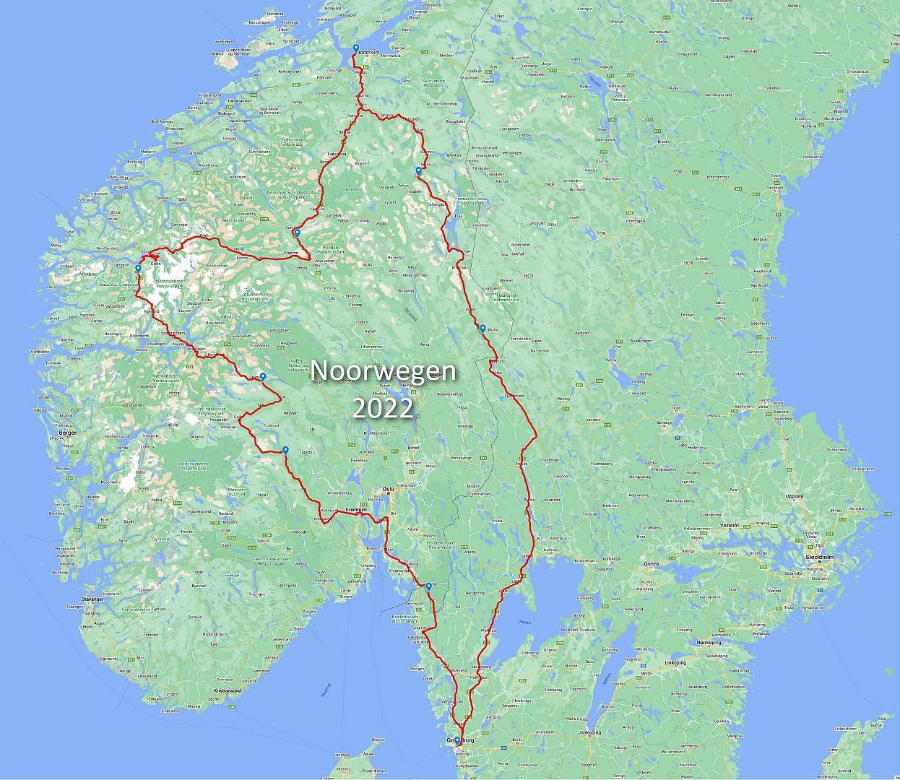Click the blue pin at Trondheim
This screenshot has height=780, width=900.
355,49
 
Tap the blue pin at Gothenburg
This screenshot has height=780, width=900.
457,740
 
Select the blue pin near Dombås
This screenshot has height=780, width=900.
297,233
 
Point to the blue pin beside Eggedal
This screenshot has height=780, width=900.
286,451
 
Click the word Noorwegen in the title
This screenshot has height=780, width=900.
384,371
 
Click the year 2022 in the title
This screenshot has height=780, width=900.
383,408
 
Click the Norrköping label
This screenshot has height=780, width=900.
705,641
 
